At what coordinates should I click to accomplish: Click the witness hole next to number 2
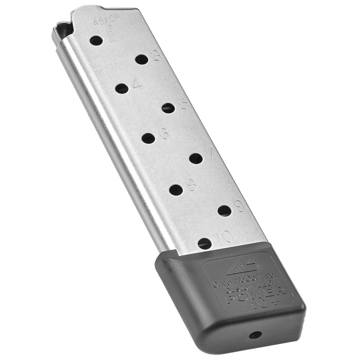point(96,40)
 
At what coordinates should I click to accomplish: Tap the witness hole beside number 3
point(142,59)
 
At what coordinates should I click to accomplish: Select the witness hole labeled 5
point(168,108)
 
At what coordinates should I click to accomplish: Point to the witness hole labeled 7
point(196,158)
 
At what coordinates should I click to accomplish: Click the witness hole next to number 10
point(205,244)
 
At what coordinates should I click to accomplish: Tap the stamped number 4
point(137,84)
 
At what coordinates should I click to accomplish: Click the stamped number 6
point(164,134)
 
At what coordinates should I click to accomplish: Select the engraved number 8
point(192,185)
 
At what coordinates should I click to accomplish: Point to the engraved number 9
point(239,206)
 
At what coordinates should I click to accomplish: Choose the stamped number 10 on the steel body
point(225,237)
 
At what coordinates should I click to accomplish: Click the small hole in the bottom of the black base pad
point(255,336)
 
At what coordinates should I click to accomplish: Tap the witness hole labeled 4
point(122,88)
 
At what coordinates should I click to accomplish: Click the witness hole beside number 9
point(225,211)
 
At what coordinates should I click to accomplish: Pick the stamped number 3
point(156,56)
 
